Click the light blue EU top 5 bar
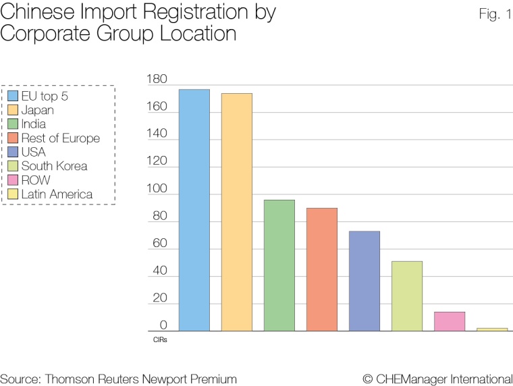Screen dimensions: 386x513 [x=194, y=210]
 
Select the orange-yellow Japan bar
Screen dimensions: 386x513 [x=236, y=212]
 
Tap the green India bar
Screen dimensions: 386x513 [x=279, y=265]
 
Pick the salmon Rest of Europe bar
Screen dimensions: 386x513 [x=321, y=269]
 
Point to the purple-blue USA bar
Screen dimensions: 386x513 [x=364, y=281]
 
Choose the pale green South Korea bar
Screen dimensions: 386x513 [x=406, y=296]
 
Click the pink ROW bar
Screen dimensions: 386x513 [x=449, y=321]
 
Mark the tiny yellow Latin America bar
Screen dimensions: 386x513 [x=491, y=329]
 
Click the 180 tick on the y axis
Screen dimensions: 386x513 [x=156, y=80]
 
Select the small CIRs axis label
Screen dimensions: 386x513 [x=160, y=340]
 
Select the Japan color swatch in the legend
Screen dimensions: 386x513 [x=12, y=110]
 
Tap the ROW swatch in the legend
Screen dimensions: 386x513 [x=12, y=180]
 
